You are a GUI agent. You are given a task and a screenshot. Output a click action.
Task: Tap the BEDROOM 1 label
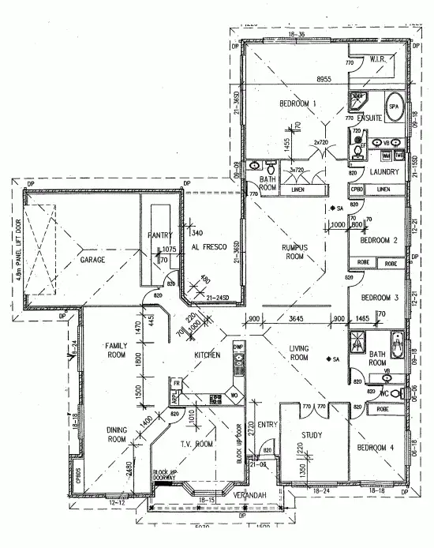[297, 103]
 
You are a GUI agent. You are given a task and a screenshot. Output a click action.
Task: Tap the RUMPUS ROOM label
[294, 251]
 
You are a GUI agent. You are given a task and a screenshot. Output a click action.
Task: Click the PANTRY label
[159, 235]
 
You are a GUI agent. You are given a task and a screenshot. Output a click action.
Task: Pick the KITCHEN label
[207, 356]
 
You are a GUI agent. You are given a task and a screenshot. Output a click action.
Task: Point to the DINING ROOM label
[117, 434]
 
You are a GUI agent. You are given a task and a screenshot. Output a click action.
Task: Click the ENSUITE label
[369, 118]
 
